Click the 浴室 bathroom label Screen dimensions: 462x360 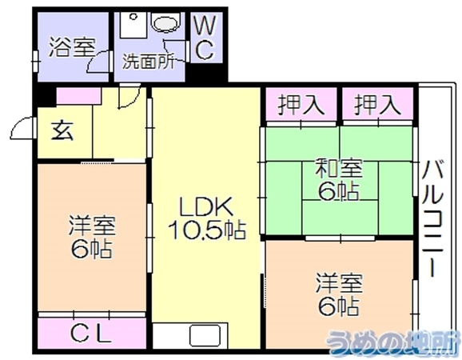[x=72, y=47]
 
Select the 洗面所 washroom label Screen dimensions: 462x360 [x=149, y=62]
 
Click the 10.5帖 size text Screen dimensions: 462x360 [x=207, y=230]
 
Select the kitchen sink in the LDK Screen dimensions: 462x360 [x=205, y=336]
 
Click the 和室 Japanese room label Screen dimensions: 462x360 [x=338, y=168]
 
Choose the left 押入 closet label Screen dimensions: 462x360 [x=301, y=105]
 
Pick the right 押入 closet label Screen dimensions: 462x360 [x=377, y=105]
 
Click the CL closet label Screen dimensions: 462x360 [x=91, y=334]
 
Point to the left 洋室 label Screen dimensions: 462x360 [x=92, y=226]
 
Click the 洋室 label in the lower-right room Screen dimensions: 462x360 [x=339, y=283]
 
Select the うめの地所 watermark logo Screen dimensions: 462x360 [x=393, y=342]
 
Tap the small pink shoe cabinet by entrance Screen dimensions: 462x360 [x=78, y=95]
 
